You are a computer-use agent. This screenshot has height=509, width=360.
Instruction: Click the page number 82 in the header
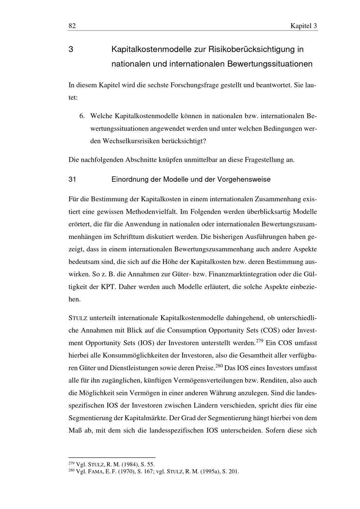coord(72,26)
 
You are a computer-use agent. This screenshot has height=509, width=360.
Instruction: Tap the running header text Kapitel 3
coord(303,26)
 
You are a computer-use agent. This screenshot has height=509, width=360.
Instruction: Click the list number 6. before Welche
coord(82,116)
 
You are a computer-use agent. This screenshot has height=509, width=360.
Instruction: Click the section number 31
coord(72,179)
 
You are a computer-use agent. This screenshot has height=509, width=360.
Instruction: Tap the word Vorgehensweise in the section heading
coord(244,179)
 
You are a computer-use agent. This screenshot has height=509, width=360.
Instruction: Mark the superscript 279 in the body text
coord(260,340)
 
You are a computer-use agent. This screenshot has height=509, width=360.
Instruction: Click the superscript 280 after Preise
coord(219,365)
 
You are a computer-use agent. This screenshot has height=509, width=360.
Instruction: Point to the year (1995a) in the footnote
coord(210,472)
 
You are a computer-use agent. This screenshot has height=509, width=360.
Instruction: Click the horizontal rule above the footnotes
coord(112,457)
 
